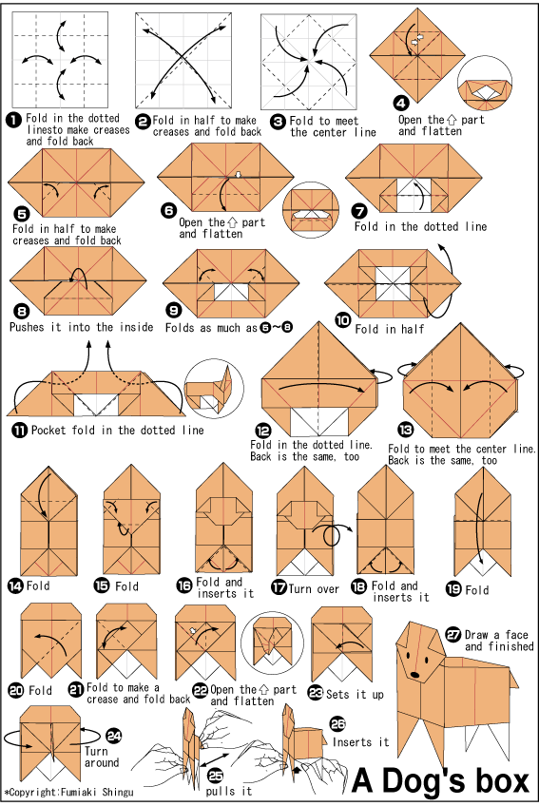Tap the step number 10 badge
(x=343, y=320)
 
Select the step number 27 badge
(x=453, y=635)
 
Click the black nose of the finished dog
(x=414, y=674)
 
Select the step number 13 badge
(x=406, y=429)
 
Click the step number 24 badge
(x=113, y=736)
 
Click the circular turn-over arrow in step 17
(x=333, y=535)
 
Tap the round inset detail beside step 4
(x=484, y=84)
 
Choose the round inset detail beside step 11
(x=214, y=388)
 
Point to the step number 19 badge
(x=453, y=588)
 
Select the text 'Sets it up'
(x=355, y=695)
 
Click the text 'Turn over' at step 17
(x=314, y=589)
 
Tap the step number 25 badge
(x=216, y=776)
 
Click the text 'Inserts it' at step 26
(x=360, y=741)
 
